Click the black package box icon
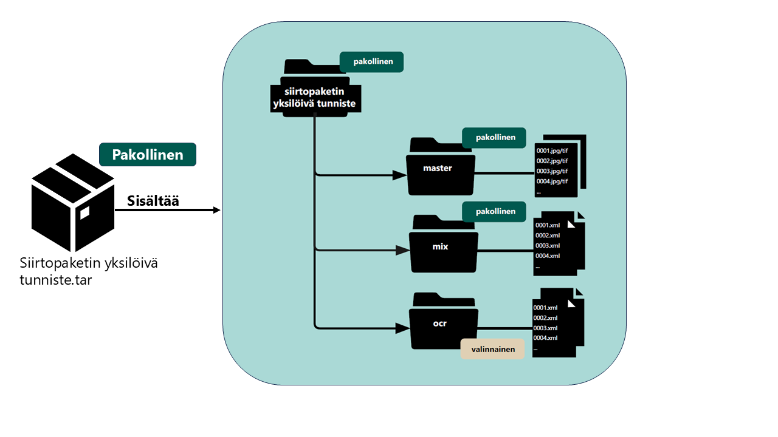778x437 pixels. [x=73, y=203]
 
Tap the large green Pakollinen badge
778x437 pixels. [x=148, y=155]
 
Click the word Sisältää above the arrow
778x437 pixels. [x=153, y=201]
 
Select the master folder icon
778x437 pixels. [x=440, y=168]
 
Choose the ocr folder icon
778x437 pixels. [x=441, y=323]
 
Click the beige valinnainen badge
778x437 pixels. [x=492, y=349]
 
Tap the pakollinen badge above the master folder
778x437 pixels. [x=494, y=138]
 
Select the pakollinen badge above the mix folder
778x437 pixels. [x=494, y=211]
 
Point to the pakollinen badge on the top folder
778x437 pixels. [x=371, y=61]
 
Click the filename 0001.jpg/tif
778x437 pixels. [x=552, y=151]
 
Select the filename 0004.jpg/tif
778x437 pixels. [x=552, y=181]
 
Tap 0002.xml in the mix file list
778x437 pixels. [x=547, y=235]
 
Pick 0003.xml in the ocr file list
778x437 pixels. [x=545, y=328]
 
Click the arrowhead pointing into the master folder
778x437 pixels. [x=399, y=175]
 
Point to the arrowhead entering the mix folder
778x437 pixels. [x=401, y=249]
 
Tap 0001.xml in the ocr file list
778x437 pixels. [x=545, y=307]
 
